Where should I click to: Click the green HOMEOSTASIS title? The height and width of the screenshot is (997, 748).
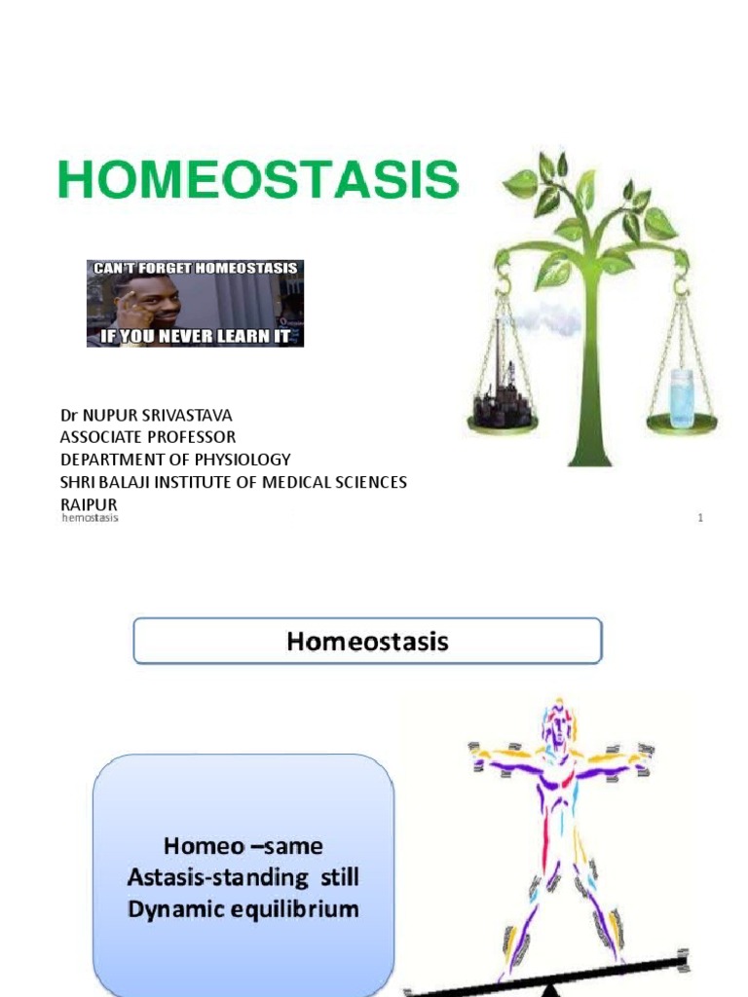coord(258,181)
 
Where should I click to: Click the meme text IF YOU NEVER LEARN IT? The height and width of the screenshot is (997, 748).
coord(195,337)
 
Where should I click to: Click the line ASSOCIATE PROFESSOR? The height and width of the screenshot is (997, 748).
coord(147,437)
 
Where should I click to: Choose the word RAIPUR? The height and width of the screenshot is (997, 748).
coord(89,504)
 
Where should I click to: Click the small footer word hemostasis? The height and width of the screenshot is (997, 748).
coord(90,518)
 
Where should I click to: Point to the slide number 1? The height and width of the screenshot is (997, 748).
coord(699,518)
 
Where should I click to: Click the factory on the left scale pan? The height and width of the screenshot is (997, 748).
coord(503,394)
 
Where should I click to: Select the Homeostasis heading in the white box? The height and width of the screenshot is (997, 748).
coord(367,642)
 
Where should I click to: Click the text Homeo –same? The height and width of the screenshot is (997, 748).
coord(243,845)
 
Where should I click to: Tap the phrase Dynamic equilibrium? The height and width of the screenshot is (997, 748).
coord(243,909)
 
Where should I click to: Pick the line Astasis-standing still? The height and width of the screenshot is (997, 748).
coord(243,877)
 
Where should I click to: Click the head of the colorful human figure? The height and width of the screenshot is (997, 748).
coord(557,725)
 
